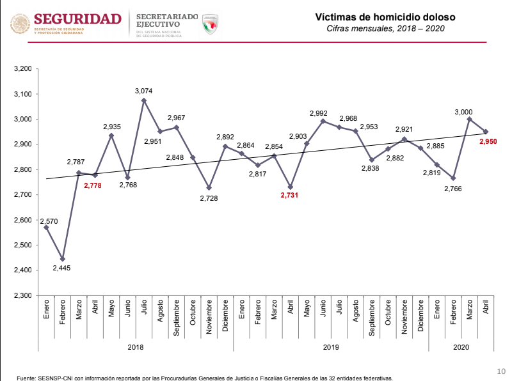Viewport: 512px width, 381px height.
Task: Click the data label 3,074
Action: (143, 91)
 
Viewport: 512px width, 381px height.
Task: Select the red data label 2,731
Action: (289, 195)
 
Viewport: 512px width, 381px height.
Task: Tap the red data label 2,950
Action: (488, 141)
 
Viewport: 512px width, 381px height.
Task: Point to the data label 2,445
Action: (61, 268)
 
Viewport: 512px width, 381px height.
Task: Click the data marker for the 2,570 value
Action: (46, 228)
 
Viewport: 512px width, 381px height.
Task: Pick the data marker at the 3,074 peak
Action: (143, 100)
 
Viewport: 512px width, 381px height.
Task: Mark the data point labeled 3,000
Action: (470, 119)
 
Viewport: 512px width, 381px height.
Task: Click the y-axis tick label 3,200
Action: (23, 68)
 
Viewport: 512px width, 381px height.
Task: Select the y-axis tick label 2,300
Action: (23, 295)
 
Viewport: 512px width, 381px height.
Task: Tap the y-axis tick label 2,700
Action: (23, 195)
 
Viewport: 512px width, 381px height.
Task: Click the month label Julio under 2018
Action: (143, 307)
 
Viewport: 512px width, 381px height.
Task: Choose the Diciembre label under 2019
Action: (420, 316)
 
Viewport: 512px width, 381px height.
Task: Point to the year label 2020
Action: (461, 347)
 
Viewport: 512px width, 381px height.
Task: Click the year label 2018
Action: (136, 347)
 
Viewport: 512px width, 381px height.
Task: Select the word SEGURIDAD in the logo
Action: (77, 19)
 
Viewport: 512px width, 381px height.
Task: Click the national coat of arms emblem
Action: (20, 24)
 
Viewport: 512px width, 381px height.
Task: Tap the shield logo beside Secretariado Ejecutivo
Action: (210, 24)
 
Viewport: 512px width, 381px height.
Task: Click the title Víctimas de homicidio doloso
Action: (385, 17)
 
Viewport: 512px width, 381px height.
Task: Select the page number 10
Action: (501, 371)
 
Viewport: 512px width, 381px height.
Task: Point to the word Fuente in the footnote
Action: (26, 378)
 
